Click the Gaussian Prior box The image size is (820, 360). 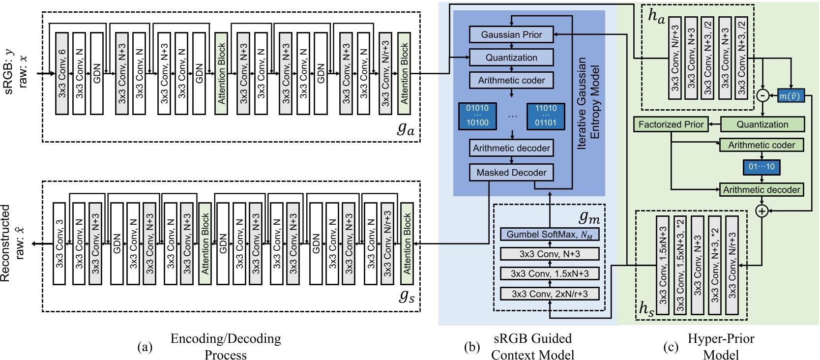[511, 34]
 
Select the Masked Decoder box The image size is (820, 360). [511, 173]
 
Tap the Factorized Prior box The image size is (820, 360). [671, 124]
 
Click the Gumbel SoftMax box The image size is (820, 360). [550, 235]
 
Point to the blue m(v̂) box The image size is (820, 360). [791, 96]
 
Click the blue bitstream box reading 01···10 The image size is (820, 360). [761, 167]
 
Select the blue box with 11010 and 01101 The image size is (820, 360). [546, 116]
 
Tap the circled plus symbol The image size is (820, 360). [761, 211]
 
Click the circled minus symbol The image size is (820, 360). [762, 95]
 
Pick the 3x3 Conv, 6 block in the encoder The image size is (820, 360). [62, 73]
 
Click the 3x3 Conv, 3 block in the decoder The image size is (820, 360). [59, 243]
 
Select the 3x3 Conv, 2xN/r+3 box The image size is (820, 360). [550, 294]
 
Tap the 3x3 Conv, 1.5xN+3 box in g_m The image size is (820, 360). [550, 273]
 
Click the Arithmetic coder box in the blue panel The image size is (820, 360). [511, 80]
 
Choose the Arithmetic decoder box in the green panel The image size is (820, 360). [761, 190]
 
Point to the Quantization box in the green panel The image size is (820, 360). [762, 124]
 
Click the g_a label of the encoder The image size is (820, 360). [406, 129]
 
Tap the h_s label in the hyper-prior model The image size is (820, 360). [646, 309]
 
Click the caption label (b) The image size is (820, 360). [471, 347]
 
